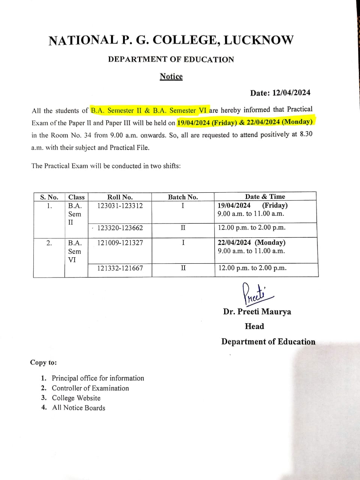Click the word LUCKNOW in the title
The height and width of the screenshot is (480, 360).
pos(258,40)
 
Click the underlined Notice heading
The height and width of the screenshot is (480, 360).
pos(171,76)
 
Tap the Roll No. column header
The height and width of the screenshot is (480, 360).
pos(120,197)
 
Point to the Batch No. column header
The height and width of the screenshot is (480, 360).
pos(183,197)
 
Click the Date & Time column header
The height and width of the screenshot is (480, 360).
pos(265,196)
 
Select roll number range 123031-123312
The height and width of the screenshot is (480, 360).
pos(120,205)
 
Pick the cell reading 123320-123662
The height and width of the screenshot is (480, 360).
pos(120,228)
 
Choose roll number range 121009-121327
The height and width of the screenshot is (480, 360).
pos(120,243)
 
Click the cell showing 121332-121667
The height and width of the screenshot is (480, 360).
pos(120,268)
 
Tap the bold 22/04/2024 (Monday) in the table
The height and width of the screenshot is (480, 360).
pos(252,243)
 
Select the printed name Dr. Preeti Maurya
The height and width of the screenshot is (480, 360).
pos(257,312)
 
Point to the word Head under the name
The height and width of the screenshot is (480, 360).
pos(254,326)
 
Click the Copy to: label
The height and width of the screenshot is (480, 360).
pos(43,363)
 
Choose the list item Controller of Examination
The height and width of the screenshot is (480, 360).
pos(90,388)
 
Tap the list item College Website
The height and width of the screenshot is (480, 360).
pos(76,398)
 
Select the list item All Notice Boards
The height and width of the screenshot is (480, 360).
pos(79,408)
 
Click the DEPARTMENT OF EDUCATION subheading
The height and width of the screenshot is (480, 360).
pos(171,59)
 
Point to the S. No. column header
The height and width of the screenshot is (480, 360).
pos(49,197)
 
